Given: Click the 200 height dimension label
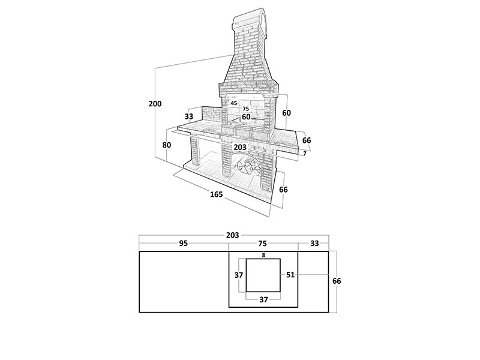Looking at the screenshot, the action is coord(155,104).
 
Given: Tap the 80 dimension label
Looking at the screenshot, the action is coord(167,145).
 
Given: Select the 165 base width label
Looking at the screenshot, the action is coord(217,194).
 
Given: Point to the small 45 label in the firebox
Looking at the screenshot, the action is coord(234,103).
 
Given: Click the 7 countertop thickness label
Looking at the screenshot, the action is coord(305,154).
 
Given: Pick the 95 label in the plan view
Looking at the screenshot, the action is coord(184,244).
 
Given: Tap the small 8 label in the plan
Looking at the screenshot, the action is coord(263,254).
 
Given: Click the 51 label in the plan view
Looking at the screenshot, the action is coord(290,275).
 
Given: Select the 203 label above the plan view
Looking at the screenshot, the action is coord(233,235).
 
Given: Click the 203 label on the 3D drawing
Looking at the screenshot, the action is coord(239,147).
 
